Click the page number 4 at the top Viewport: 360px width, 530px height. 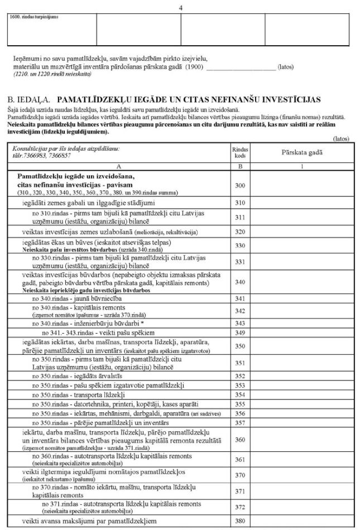point(180,7)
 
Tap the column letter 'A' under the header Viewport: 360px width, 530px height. point(119,166)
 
